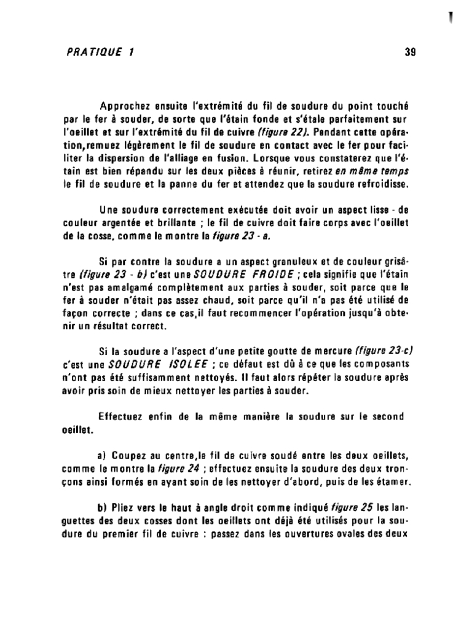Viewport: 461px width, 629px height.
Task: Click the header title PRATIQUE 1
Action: click(x=100, y=52)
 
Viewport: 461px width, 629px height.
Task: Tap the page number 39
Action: click(x=411, y=52)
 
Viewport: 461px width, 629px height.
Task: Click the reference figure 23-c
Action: click(x=384, y=351)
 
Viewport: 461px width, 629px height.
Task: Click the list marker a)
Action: click(x=103, y=456)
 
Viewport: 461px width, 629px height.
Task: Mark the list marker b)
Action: click(x=103, y=509)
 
